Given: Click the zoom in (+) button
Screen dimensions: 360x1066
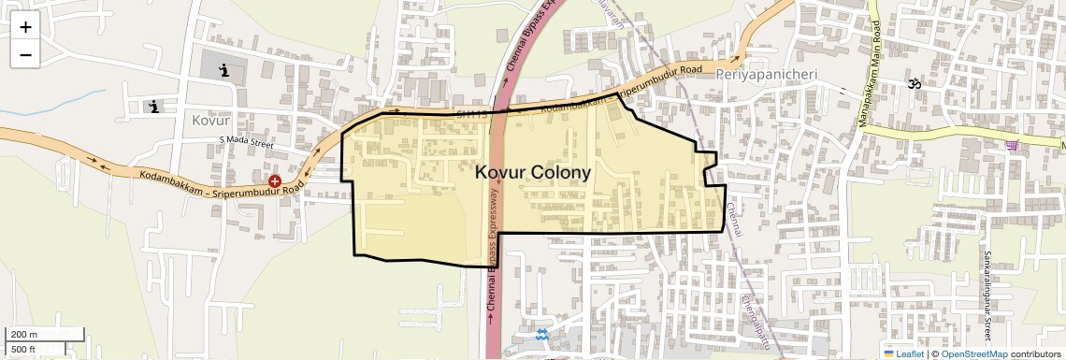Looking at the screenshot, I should coord(25,26).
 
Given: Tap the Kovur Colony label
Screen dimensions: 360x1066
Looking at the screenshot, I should coord(533,173).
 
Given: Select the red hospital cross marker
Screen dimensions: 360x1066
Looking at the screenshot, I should coord(275,180).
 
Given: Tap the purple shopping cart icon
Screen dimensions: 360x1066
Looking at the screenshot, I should coord(1013,145).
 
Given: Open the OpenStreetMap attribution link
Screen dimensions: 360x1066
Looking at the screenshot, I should coord(973,353).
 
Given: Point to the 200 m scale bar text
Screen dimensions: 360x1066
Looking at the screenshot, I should coord(25,335).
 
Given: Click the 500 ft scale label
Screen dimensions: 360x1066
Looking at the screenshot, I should coord(24,350).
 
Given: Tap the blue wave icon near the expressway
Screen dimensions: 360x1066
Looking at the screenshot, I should coord(542,335).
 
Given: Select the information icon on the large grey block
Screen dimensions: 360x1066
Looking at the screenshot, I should coord(223,69).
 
